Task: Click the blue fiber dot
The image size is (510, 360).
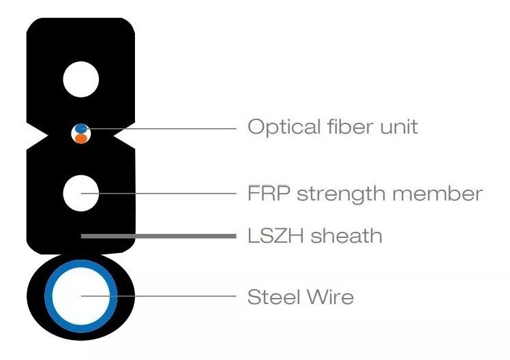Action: (80, 128)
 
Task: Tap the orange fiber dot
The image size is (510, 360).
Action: (80, 139)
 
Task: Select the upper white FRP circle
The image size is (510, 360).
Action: (80, 79)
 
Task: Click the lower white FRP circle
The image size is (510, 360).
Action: (80, 193)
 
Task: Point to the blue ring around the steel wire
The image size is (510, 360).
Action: (48, 296)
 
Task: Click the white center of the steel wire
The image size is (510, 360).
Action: (81, 297)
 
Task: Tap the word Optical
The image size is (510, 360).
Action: (284, 127)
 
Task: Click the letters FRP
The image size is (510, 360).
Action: (269, 193)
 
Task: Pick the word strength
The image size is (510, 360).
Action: (341, 194)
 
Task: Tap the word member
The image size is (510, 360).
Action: (438, 193)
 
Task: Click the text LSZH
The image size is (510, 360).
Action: (275, 236)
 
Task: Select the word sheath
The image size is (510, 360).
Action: (346, 235)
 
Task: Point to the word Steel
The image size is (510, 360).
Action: (273, 297)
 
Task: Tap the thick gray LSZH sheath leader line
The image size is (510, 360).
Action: (159, 236)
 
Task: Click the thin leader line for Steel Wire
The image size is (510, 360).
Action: (159, 296)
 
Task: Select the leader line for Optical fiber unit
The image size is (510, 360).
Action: (159, 129)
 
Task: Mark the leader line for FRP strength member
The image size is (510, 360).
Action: (159, 194)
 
